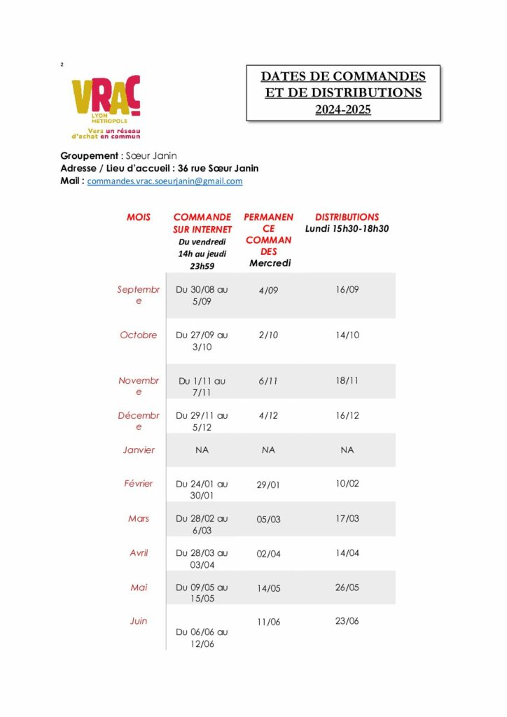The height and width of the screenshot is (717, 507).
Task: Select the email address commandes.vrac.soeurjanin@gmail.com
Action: click(165, 181)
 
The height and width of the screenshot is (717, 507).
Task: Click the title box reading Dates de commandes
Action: click(342, 92)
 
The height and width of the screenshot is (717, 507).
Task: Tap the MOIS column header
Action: click(139, 217)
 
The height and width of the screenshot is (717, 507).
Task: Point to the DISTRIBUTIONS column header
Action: click(347, 217)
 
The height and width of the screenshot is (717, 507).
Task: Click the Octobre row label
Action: click(139, 335)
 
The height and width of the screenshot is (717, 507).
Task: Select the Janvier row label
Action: click(139, 450)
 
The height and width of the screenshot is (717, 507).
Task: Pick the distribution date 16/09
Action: click(347, 289)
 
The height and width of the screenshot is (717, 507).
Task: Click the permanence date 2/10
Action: click(268, 335)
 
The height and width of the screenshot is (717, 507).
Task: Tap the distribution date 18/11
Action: click(347, 380)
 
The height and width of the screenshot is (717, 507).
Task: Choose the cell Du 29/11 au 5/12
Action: click(202, 421)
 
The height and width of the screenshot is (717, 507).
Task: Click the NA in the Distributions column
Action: click(347, 450)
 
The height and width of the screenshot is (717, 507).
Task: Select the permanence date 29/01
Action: click(268, 485)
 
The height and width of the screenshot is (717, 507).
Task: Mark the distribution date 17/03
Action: click(347, 518)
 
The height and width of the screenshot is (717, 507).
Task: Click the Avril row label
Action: click(139, 552)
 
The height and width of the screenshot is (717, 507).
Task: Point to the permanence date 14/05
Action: click(268, 589)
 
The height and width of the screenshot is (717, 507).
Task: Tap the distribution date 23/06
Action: click(347, 621)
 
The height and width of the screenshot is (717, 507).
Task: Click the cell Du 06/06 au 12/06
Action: click(202, 637)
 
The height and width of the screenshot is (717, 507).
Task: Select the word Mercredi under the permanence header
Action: click(270, 263)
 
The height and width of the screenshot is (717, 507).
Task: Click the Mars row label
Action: click(139, 518)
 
